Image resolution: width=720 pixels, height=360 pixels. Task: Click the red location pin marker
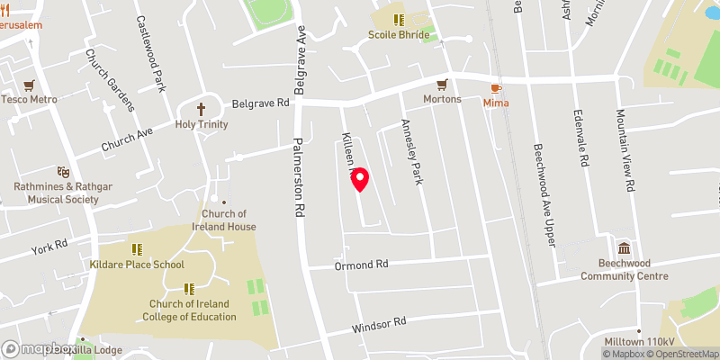pos(359,180)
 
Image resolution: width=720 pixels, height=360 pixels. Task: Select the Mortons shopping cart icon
pos(441,85)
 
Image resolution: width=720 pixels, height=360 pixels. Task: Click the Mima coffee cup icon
pos(496,87)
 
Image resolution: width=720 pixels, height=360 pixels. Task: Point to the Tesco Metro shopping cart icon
pos(30,85)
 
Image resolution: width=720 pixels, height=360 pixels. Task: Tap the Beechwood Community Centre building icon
pos(624,248)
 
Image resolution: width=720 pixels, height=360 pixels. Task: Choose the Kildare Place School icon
pos(137,249)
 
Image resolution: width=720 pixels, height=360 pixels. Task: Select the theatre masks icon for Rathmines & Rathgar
pos(63,171)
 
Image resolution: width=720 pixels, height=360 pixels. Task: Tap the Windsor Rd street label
pos(380,321)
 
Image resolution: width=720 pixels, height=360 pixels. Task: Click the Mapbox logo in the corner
pos(38,348)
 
